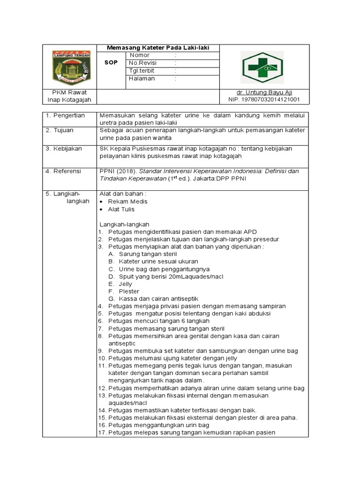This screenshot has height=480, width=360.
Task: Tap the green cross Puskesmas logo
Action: [x=262, y=67]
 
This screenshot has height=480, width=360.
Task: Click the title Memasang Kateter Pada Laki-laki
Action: [x=157, y=48]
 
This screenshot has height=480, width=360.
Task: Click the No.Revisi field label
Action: [x=143, y=63]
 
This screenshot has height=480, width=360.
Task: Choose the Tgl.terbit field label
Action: [x=142, y=71]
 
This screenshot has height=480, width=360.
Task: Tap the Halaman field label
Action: [x=142, y=79]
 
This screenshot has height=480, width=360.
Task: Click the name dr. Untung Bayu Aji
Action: [x=265, y=92]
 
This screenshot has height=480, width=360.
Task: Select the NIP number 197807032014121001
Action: [x=264, y=100]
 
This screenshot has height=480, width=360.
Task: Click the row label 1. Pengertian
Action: [x=65, y=115]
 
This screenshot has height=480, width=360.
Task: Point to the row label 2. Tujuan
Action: [x=60, y=130]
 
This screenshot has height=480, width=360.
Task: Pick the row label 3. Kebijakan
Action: [x=64, y=149]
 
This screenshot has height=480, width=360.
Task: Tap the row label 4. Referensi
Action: [x=63, y=171]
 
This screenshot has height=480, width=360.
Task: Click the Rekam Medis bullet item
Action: [x=127, y=202]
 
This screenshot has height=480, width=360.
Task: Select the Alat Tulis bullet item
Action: [x=121, y=210]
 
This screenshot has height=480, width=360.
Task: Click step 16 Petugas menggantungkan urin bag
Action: [x=158, y=425]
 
